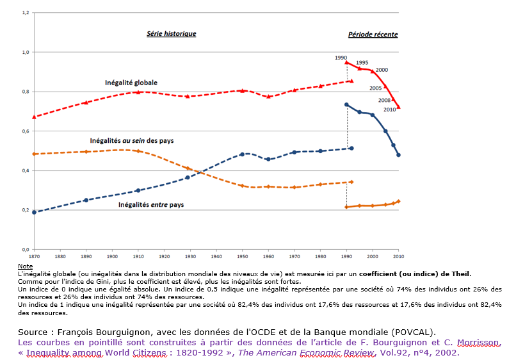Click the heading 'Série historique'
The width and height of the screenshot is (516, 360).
coord(171,34)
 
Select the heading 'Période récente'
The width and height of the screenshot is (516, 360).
coord(373,35)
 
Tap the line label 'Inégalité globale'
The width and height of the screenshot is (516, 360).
coord(131,83)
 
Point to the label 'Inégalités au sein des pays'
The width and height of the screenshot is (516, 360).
coord(132,140)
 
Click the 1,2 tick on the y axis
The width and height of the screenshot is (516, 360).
coord(25,12)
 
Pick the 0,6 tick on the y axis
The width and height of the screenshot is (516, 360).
coord(25,131)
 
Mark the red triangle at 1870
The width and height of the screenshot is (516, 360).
coord(33,117)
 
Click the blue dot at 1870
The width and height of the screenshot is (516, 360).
coord(33,212)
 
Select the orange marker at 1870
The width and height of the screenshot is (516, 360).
coord(33,154)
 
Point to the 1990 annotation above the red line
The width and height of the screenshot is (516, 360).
coord(341,58)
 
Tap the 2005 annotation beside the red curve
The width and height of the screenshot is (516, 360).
coord(376,88)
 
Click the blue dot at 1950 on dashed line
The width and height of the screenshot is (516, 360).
coord(242,154)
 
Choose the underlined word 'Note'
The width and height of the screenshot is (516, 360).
coord(25,266)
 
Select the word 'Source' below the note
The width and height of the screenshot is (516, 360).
coord(37,332)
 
